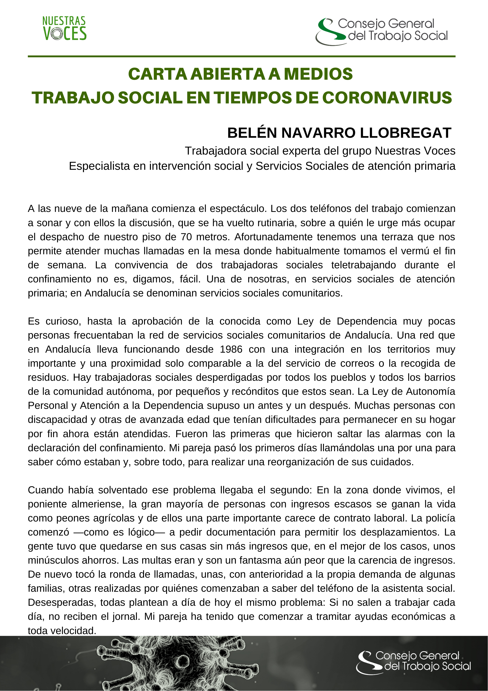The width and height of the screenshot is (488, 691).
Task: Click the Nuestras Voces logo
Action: point(64,29)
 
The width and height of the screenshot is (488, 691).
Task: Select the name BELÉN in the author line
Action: point(252,133)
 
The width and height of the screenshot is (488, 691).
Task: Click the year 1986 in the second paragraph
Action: point(231,349)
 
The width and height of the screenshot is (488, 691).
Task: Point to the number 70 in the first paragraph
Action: point(186,237)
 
